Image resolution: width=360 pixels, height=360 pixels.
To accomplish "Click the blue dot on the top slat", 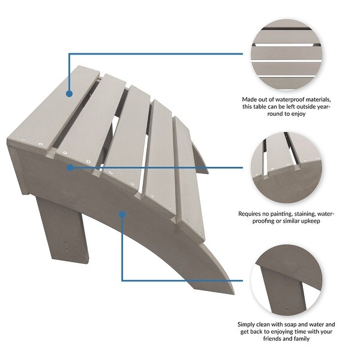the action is [69, 94].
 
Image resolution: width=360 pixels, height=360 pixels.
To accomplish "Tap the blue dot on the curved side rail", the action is [122, 214].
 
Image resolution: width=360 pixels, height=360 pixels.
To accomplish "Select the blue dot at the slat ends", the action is [70, 167].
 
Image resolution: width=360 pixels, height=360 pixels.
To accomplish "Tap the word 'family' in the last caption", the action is [301, 338].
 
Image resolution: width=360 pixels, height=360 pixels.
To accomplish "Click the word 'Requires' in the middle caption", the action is [248, 214].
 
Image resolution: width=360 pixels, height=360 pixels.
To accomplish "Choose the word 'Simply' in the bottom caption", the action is [246, 325].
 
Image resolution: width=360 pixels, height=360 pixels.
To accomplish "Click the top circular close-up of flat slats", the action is [286, 55].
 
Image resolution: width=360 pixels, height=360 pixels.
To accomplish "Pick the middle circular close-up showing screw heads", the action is [286, 167].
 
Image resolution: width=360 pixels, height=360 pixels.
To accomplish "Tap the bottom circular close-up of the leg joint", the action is [286, 281].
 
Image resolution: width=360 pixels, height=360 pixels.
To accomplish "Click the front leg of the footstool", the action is [62, 230].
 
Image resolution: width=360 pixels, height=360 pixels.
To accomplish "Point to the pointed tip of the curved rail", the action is [234, 293].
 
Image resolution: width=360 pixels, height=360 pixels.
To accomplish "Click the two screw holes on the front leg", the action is [66, 245].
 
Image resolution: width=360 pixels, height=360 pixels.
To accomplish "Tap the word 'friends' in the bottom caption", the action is [272, 338].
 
